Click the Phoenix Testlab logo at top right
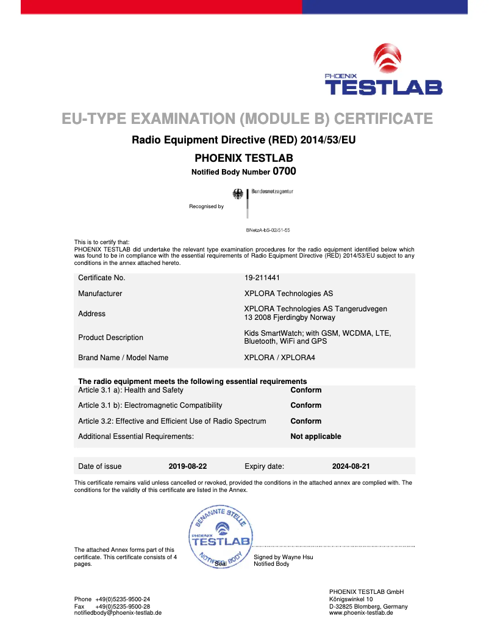(x=384, y=70)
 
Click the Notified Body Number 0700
(x=284, y=172)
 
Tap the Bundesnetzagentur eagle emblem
(x=238, y=194)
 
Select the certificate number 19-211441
(x=262, y=278)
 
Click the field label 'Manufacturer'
(x=100, y=294)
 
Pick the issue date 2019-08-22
(x=188, y=466)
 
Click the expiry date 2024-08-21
(x=351, y=466)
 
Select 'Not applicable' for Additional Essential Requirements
(x=315, y=436)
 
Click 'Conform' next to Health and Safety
(x=305, y=390)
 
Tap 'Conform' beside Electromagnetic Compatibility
(x=305, y=405)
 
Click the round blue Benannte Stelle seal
(x=221, y=537)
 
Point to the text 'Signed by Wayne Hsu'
(x=284, y=557)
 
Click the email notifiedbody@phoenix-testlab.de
(x=118, y=613)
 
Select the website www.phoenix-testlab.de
(x=361, y=613)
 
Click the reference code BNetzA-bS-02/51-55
(x=268, y=230)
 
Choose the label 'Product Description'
(x=110, y=338)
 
